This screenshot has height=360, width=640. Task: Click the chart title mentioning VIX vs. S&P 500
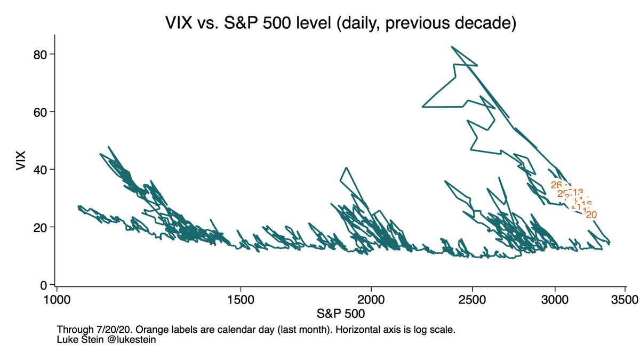click(x=340, y=24)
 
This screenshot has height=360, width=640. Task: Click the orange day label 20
click(x=591, y=214)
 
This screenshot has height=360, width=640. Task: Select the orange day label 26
click(x=556, y=185)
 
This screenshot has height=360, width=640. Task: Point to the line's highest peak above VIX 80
click(x=452, y=47)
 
